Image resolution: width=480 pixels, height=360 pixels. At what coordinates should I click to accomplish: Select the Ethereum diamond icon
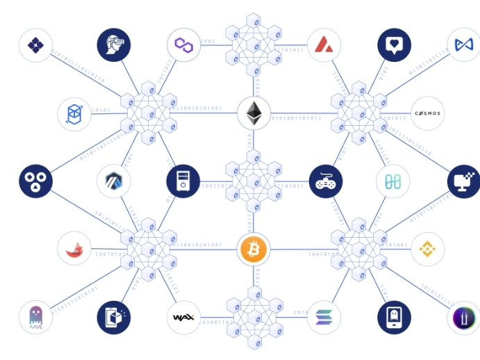point(254,113)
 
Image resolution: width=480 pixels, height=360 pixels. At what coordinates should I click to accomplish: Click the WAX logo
point(184,318)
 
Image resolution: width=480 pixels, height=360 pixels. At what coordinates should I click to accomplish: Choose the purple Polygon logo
point(184,45)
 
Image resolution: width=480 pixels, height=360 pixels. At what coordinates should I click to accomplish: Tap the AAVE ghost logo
point(35,318)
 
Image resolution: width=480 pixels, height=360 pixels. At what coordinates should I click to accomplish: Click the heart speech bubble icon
point(394,45)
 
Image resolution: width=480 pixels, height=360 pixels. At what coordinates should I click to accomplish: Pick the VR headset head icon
point(114,45)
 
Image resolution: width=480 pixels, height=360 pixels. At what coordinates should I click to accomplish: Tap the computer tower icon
point(183,181)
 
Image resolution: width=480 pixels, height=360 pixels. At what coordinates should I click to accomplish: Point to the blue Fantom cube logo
point(74,113)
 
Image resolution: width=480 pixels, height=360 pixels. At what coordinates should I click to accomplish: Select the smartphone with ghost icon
point(394,318)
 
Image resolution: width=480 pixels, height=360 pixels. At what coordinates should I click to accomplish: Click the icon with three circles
point(35,181)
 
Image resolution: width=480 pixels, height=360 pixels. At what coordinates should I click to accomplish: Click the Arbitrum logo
point(114,181)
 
